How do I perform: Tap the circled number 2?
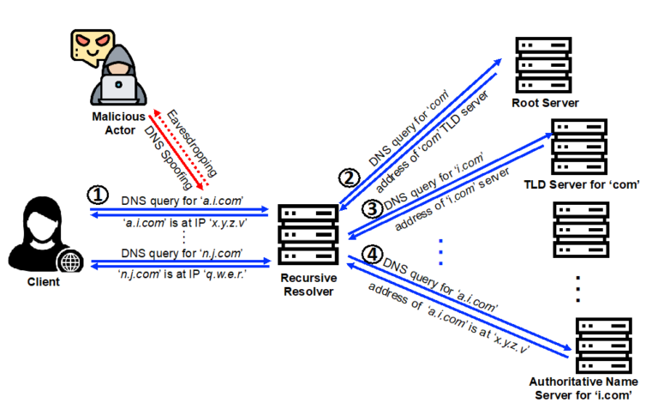click(347, 178)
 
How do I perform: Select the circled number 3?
click(370, 208)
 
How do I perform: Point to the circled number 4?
click(370, 255)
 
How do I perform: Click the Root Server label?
click(545, 103)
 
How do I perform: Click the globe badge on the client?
click(66, 261)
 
